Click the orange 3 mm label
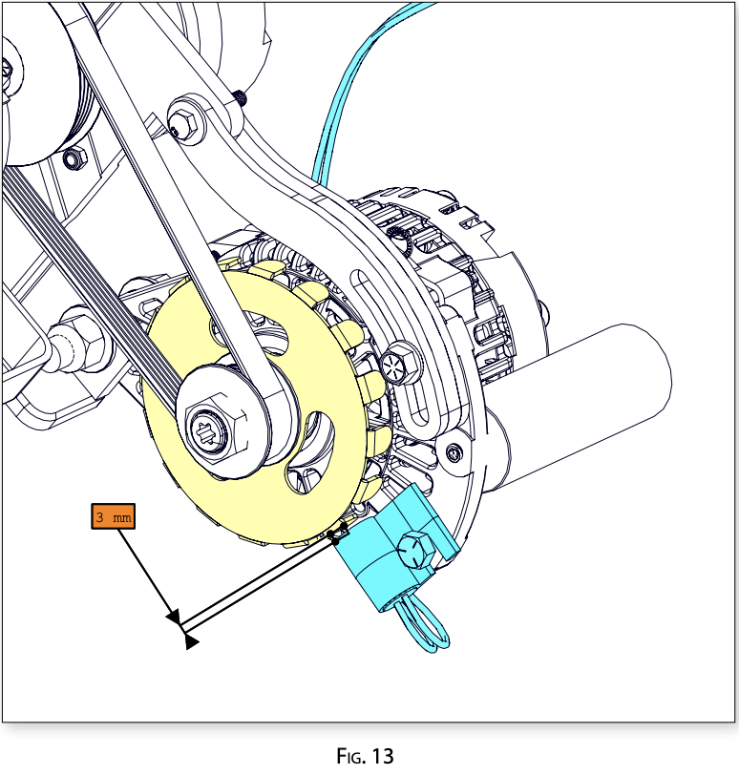113,516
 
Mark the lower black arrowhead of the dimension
191,642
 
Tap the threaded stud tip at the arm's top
239,95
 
